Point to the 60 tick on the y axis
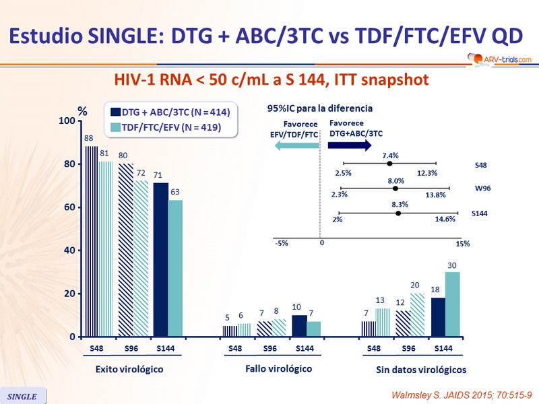(x=69, y=207)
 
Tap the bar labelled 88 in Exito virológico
(x=92, y=241)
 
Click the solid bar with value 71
(x=160, y=259)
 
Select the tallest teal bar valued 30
(x=452, y=304)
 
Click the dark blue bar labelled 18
(x=438, y=316)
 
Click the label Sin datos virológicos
(x=420, y=370)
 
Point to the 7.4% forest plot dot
(x=389, y=163)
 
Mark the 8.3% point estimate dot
(x=398, y=213)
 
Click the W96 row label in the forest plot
(x=482, y=189)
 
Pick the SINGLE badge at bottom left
(x=23, y=395)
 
